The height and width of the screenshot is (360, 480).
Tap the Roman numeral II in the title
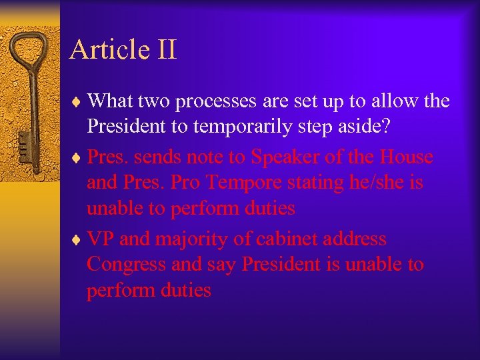coord(167,50)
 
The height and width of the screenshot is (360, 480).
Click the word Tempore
coord(244,183)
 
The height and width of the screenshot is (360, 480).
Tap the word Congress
coord(126,265)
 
